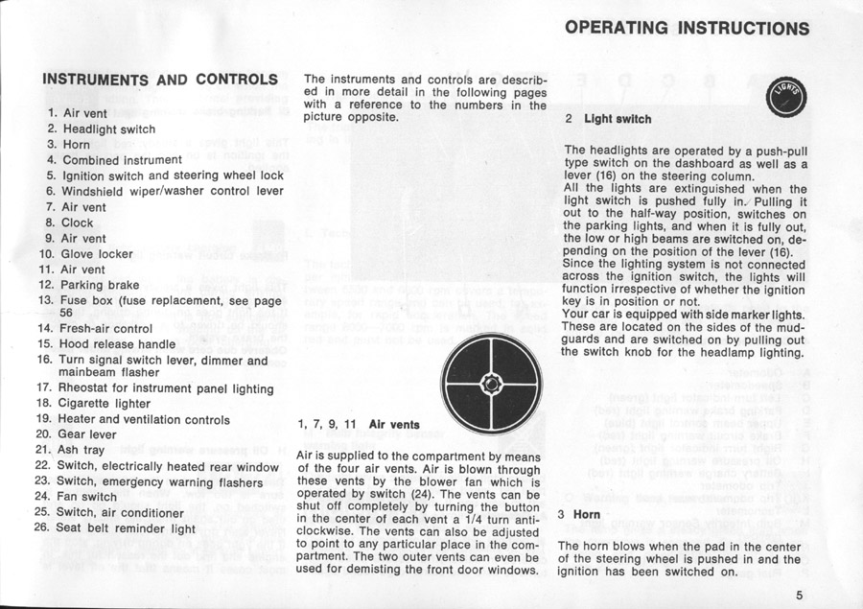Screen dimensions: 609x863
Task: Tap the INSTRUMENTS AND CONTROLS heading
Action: pyautogui.click(x=160, y=79)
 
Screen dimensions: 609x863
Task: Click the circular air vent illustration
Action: pyautogui.click(x=492, y=384)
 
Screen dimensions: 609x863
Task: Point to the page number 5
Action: pyautogui.click(x=799, y=594)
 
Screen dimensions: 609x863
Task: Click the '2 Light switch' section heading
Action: pyautogui.click(x=608, y=119)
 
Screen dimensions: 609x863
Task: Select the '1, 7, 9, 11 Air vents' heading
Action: pyautogui.click(x=359, y=423)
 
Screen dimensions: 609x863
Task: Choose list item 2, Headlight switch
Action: pyautogui.click(x=101, y=129)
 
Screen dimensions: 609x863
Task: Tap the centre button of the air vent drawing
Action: pyautogui.click(x=492, y=384)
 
